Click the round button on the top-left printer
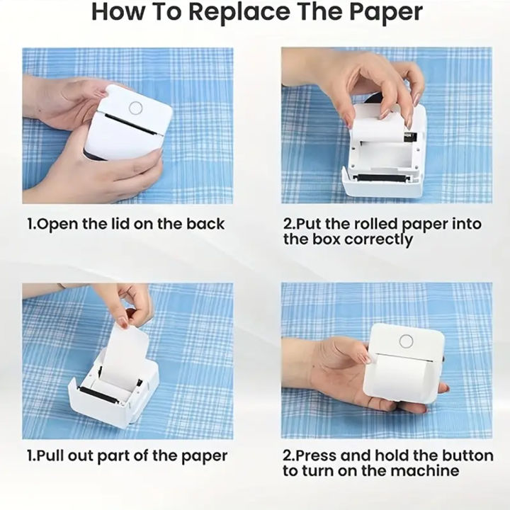(x=135, y=107)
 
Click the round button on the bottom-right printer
(x=406, y=341)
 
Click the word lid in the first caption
(x=117, y=224)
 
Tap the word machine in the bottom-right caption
(x=426, y=470)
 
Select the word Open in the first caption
(x=58, y=224)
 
